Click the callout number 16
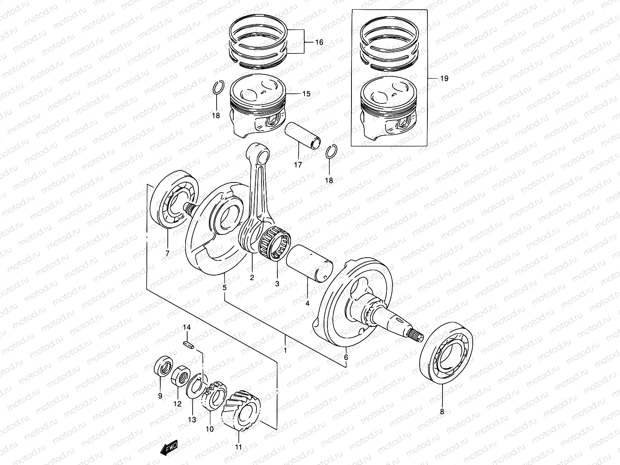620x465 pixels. [x=319, y=42]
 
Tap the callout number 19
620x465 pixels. [x=444, y=79]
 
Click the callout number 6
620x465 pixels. [x=346, y=357]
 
